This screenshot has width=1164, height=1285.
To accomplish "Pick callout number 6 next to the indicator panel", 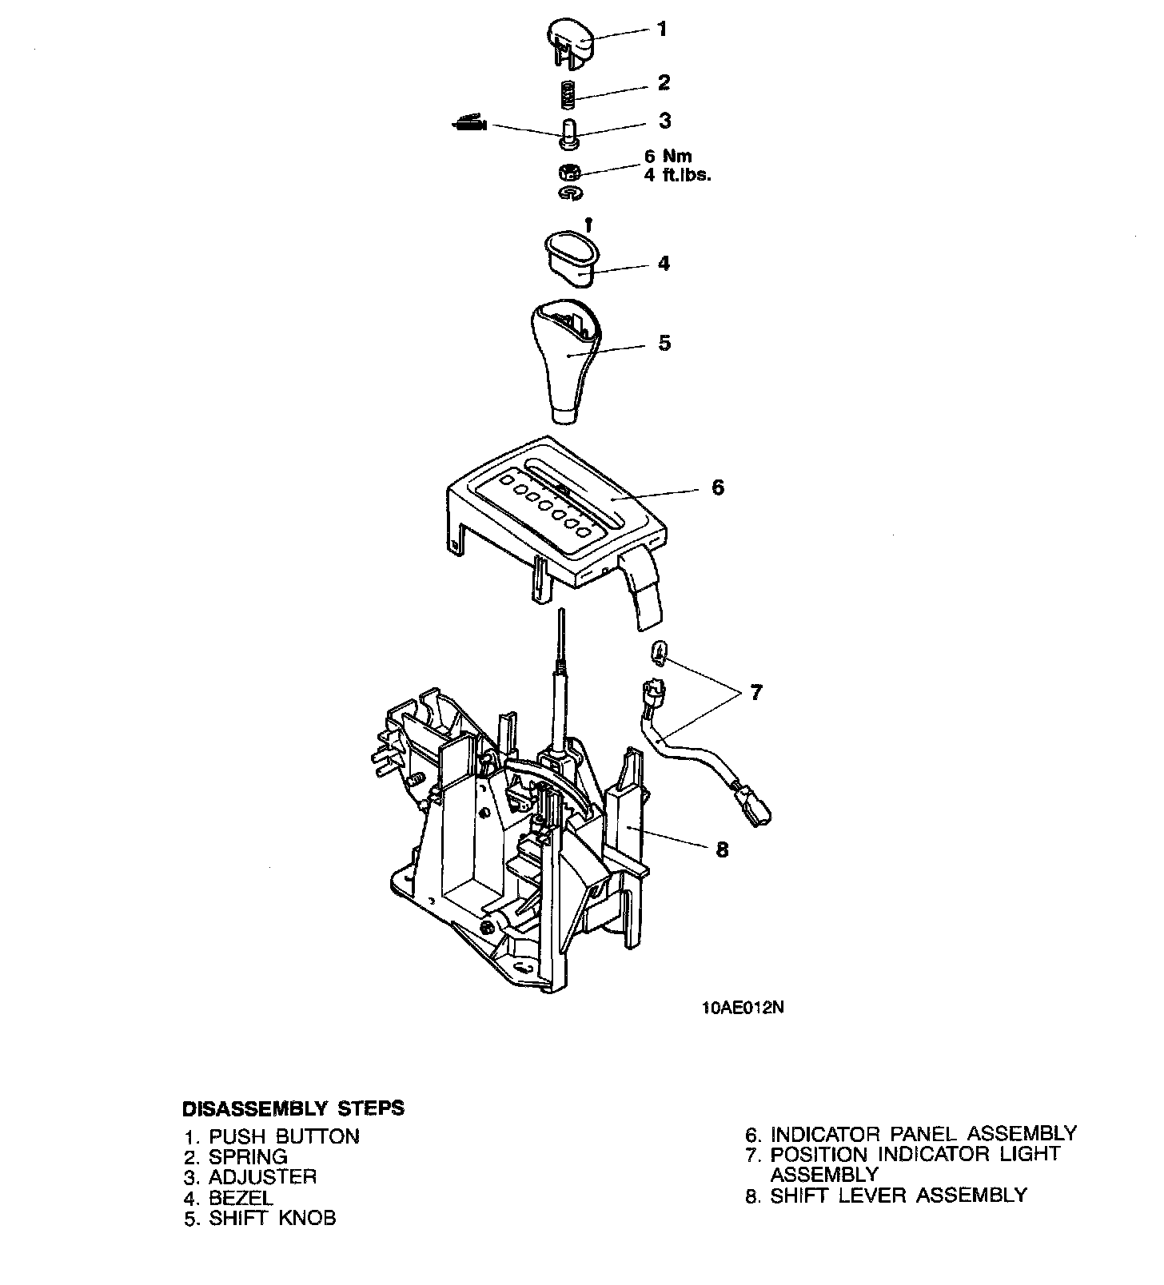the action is (717, 487).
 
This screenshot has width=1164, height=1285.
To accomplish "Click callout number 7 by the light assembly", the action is (756, 692).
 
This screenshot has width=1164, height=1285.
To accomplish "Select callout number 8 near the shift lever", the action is (722, 849).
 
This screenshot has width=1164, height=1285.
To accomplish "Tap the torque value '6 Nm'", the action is (668, 157).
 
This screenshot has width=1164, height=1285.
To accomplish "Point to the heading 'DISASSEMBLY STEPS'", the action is (293, 1109).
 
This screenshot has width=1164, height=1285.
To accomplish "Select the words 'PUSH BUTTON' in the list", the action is (284, 1136).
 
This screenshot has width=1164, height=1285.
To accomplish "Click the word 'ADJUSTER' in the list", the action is (262, 1177).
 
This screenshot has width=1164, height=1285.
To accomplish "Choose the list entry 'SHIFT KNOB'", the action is (272, 1218).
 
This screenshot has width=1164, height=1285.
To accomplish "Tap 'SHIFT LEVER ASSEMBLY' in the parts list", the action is (898, 1195).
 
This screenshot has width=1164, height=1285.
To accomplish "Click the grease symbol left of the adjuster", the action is (468, 124).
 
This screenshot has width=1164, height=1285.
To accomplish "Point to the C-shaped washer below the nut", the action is (571, 193).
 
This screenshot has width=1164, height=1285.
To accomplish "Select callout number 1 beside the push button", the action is (661, 30).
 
